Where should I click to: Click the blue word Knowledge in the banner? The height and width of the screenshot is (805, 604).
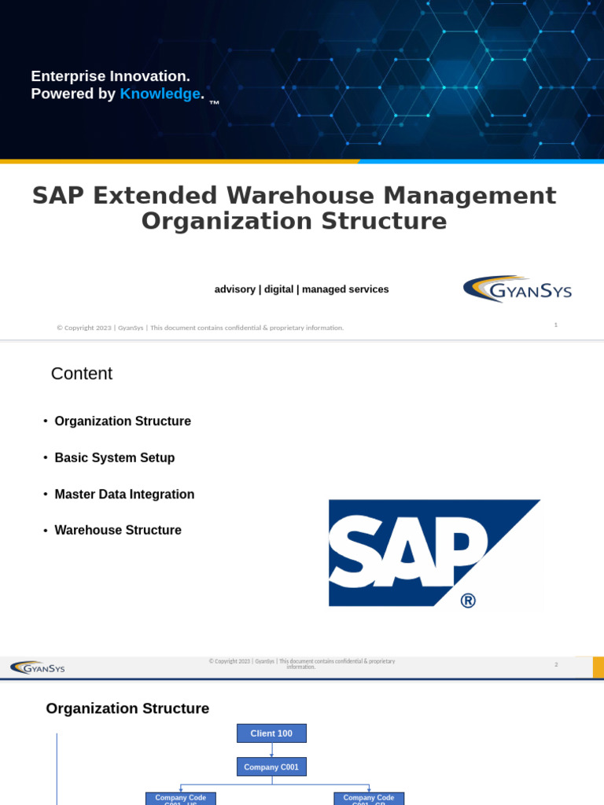(x=160, y=94)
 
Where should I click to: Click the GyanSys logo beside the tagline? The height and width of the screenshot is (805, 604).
(x=517, y=289)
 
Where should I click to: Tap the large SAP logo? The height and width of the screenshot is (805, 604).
(x=434, y=553)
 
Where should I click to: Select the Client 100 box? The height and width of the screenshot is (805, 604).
(x=271, y=733)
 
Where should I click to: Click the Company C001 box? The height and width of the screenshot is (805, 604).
(x=271, y=766)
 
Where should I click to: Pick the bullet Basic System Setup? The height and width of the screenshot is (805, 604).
(x=115, y=458)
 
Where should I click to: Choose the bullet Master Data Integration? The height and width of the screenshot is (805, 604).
(x=124, y=494)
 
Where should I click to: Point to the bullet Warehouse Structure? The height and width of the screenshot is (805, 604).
(x=118, y=531)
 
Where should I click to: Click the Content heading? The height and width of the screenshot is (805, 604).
(x=82, y=374)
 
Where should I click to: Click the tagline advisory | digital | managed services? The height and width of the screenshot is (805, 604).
(x=301, y=289)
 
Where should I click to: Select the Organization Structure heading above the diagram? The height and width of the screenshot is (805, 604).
(x=127, y=709)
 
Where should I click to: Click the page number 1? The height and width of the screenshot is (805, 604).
(x=555, y=325)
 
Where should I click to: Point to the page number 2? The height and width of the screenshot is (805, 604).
(x=555, y=665)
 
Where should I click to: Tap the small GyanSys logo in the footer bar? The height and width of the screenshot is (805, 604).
(x=38, y=668)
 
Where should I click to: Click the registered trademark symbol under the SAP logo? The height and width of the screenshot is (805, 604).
(x=467, y=601)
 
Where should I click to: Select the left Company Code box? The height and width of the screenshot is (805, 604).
(x=181, y=799)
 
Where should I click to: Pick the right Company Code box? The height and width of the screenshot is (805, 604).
(x=369, y=799)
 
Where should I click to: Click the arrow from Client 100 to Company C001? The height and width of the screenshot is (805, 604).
(x=271, y=750)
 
